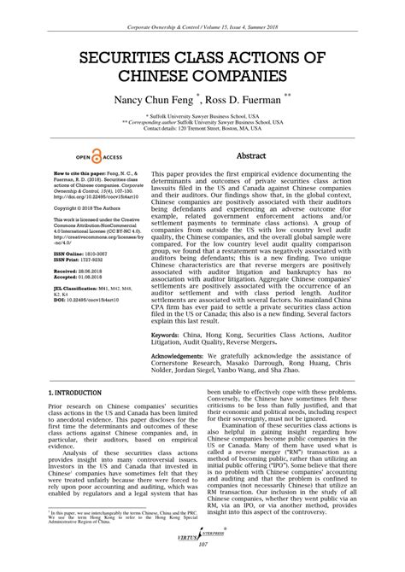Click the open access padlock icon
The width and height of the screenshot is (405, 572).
point(97,156)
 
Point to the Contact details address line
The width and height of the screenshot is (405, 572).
point(202,129)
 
